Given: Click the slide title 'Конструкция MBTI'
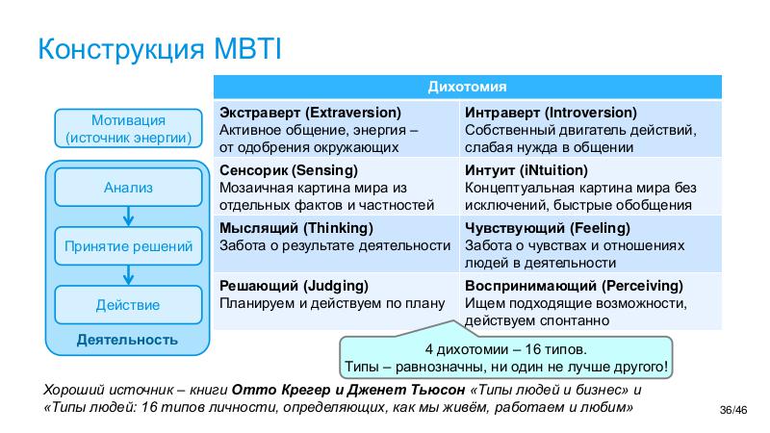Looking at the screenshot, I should (x=160, y=48).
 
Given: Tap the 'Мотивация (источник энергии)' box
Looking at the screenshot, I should (x=128, y=129).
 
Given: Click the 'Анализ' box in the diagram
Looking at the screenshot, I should (x=128, y=187).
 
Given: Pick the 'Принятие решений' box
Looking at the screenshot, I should (x=128, y=246).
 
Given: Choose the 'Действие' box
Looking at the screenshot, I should (x=128, y=305).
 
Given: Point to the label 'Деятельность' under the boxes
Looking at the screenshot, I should (x=127, y=340).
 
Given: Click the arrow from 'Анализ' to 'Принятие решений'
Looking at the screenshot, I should (x=128, y=216).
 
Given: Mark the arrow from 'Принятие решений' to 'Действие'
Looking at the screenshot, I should (x=128, y=276).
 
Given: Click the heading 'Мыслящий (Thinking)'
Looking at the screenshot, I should (x=295, y=228).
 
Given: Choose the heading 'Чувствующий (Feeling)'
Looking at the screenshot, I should (x=547, y=228).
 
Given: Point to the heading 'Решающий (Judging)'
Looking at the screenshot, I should (x=293, y=286).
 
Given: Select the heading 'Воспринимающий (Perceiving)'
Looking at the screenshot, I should (x=574, y=286).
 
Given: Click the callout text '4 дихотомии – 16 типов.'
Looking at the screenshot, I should (x=505, y=350).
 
